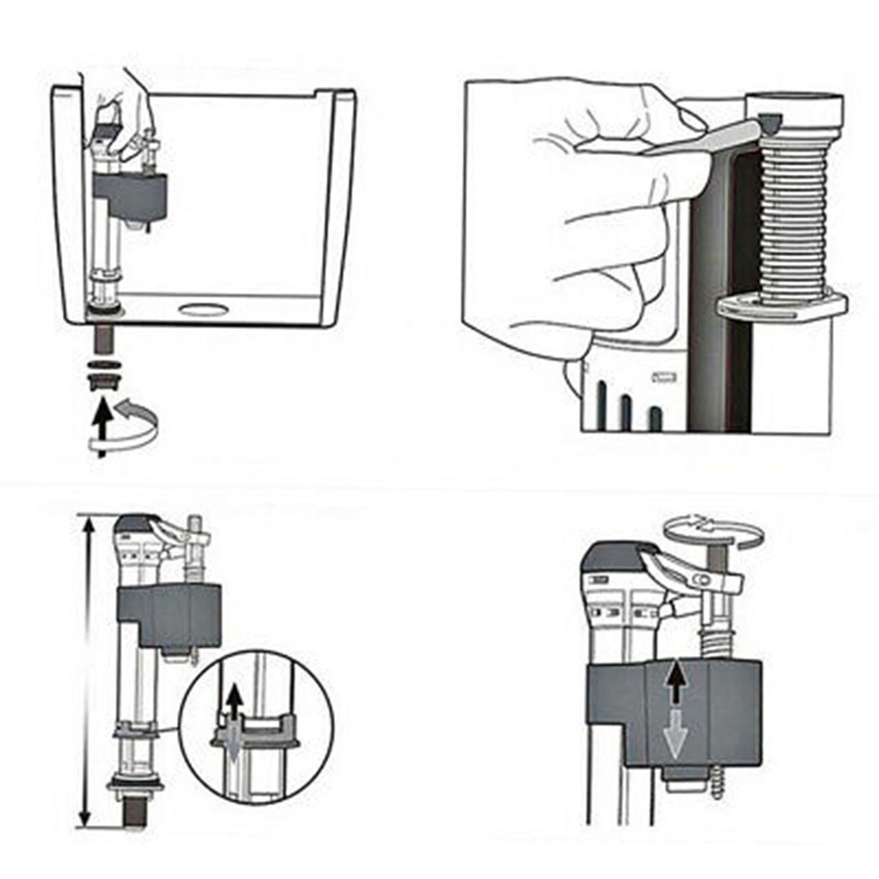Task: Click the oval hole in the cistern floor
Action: click(204, 309)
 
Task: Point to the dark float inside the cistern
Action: click(130, 195)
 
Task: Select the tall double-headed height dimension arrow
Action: click(86, 670)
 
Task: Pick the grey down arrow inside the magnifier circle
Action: click(232, 748)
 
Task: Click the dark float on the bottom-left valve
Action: click(173, 614)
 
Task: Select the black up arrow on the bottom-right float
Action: click(677, 682)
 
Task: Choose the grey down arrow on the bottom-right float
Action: click(676, 735)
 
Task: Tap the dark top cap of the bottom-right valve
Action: click(613, 556)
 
